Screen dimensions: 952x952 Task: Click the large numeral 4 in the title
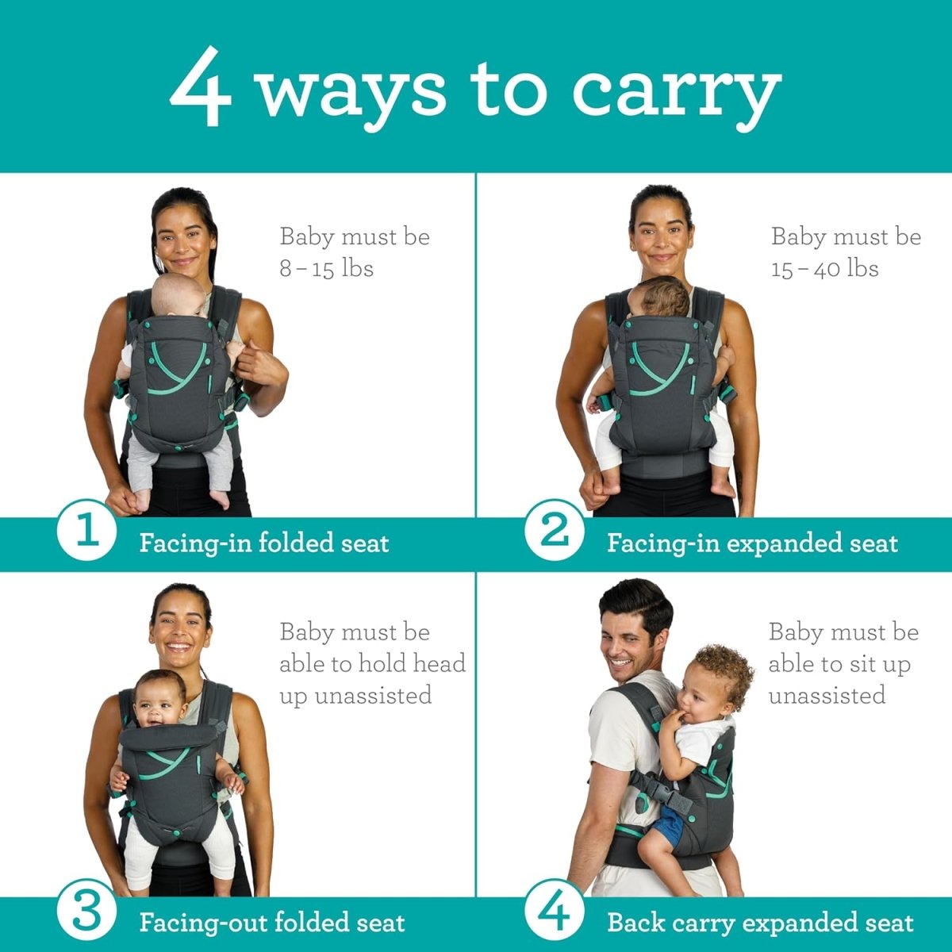[201, 87]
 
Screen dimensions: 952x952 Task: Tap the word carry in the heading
[676, 91]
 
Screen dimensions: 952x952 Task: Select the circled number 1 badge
[87, 529]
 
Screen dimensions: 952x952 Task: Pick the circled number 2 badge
[555, 529]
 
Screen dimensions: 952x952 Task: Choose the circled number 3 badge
[87, 912]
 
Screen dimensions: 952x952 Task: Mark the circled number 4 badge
[555, 912]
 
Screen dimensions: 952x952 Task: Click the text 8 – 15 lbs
[326, 268]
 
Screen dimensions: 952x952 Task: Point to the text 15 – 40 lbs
[825, 268]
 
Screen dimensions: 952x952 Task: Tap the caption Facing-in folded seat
[264, 543]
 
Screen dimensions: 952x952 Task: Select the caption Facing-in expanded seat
[752, 543]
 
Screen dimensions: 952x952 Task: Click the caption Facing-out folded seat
[272, 923]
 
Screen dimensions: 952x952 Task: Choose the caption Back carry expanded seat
[760, 923]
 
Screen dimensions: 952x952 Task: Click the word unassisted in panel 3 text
[355, 696]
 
